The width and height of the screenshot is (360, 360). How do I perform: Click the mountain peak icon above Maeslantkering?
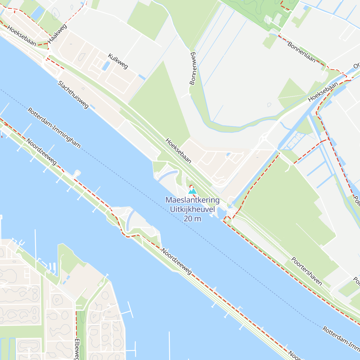[192, 191]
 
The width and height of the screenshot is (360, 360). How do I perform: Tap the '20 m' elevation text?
[192, 219]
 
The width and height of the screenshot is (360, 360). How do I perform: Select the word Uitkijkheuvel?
[192, 209]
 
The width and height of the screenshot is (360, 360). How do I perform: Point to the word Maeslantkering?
[192, 200]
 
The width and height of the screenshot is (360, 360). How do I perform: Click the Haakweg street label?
[57, 34]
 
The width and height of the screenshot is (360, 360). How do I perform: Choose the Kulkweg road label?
[118, 61]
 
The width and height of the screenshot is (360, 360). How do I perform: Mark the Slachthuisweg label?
[73, 94]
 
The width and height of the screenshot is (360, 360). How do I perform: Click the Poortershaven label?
[307, 271]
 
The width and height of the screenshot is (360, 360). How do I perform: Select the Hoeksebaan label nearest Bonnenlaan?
[323, 92]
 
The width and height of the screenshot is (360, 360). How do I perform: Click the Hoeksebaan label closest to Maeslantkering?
[178, 151]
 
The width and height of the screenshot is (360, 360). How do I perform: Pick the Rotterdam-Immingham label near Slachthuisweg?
[54, 128]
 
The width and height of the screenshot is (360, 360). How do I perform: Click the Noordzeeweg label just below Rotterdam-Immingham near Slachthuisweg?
[41, 151]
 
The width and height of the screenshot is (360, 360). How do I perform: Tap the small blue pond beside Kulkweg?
[106, 66]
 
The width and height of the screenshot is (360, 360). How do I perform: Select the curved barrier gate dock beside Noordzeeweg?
[130, 220]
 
